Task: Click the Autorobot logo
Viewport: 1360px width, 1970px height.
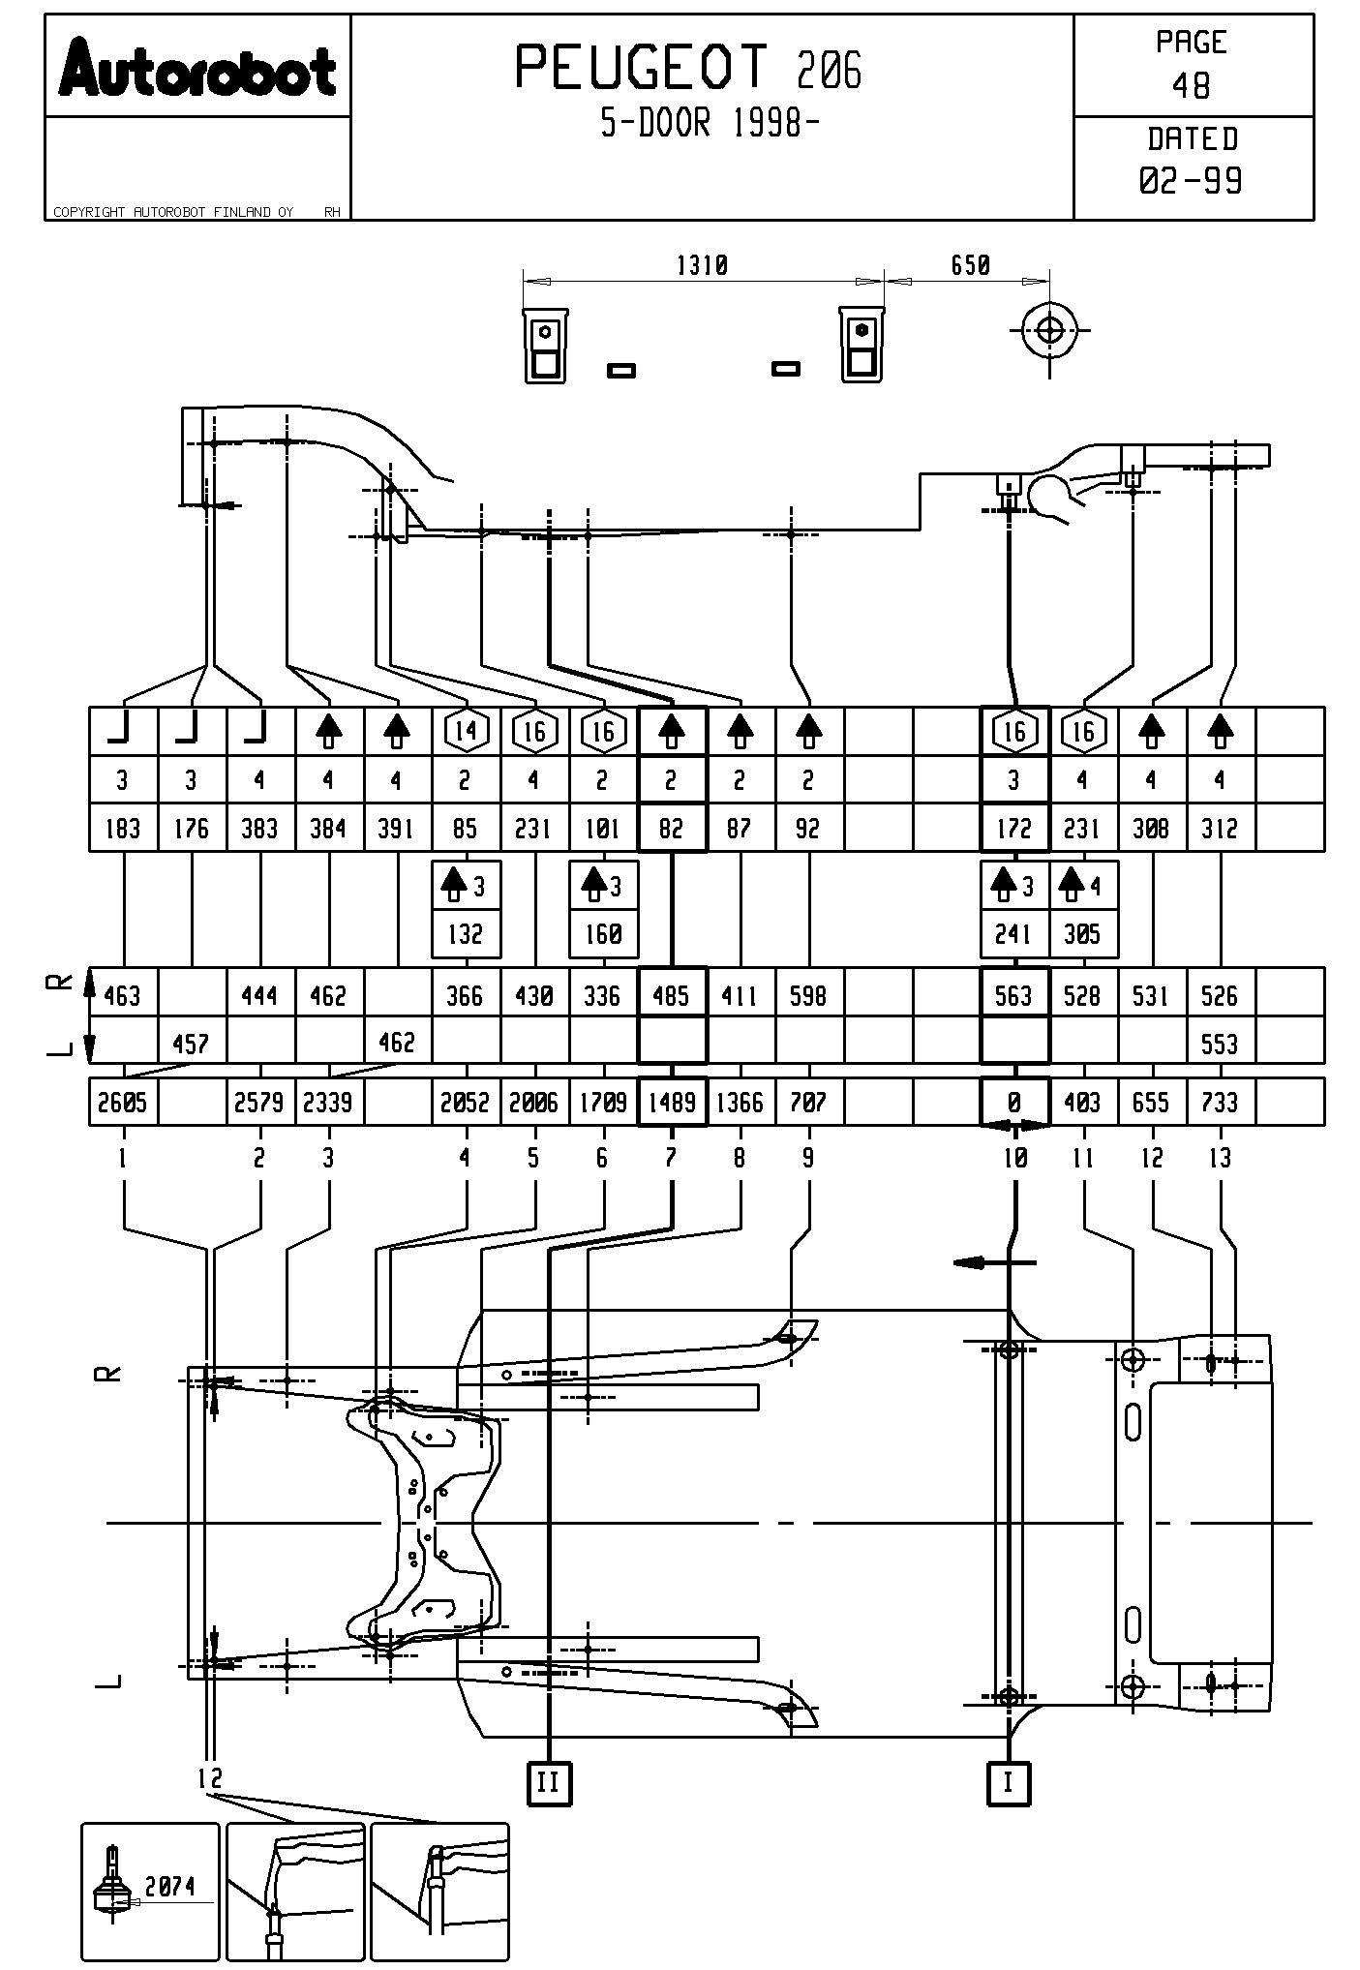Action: click(197, 69)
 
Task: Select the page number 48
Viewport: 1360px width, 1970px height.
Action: click(1191, 86)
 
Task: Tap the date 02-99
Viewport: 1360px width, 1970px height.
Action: click(1191, 181)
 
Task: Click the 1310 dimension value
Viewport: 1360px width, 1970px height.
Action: click(702, 265)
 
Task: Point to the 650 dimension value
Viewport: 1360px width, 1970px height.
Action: click(970, 265)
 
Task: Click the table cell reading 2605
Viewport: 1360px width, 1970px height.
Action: click(123, 1103)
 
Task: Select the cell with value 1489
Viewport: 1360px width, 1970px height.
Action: click(672, 1103)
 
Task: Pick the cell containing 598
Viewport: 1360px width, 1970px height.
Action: click(808, 995)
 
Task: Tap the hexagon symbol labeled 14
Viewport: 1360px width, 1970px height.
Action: click(467, 731)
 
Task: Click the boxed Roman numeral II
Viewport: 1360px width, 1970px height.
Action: click(549, 1782)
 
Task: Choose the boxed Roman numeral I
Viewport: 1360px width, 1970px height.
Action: click(1009, 1782)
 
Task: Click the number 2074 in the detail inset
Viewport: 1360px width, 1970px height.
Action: click(170, 1886)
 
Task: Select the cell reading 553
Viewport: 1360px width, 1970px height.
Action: click(1220, 1044)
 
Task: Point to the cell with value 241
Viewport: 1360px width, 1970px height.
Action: click(1013, 933)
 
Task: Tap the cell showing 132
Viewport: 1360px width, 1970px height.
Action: click(466, 933)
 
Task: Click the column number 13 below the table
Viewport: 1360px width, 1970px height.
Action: click(1220, 1158)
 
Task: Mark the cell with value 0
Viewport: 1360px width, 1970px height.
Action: click(1014, 1103)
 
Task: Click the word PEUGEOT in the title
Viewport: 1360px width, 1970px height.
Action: click(641, 68)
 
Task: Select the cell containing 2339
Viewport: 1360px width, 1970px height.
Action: click(329, 1103)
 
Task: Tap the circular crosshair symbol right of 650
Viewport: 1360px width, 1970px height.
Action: click(1049, 331)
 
